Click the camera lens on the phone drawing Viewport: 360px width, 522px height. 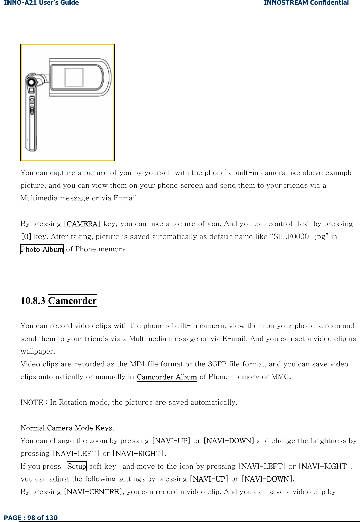click(x=31, y=82)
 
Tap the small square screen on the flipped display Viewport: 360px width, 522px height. click(x=74, y=77)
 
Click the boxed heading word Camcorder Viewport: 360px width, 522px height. click(x=73, y=301)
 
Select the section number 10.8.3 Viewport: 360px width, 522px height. click(x=33, y=301)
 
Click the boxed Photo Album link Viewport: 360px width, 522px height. click(x=42, y=249)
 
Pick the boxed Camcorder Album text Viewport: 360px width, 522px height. click(x=167, y=377)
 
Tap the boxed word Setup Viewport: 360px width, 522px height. click(x=77, y=466)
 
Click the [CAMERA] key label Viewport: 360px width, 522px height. click(x=82, y=224)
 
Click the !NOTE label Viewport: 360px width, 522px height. click(x=32, y=403)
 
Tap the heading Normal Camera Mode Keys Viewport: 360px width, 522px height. click(x=67, y=428)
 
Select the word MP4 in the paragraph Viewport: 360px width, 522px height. click(x=137, y=364)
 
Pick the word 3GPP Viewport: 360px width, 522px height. click(x=217, y=364)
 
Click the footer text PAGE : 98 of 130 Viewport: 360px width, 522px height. click(x=31, y=518)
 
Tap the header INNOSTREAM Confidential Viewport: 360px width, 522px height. click(x=306, y=3)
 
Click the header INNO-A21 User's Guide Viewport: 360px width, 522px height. click(x=41, y=3)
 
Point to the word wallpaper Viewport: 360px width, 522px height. click(x=37, y=351)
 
